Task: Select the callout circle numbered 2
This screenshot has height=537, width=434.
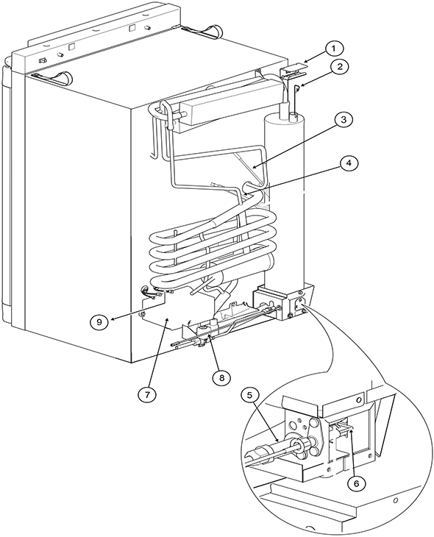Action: click(x=339, y=67)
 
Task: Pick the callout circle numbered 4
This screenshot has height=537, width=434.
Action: click(x=348, y=163)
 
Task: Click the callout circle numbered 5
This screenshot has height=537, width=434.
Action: click(x=249, y=395)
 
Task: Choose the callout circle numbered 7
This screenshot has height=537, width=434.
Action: click(x=146, y=394)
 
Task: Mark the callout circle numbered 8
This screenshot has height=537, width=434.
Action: click(x=221, y=377)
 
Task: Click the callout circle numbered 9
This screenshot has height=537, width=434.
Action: click(x=99, y=321)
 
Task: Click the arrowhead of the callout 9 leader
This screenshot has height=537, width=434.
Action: click(x=112, y=319)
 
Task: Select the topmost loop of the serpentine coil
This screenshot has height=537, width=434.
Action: click(x=213, y=224)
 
